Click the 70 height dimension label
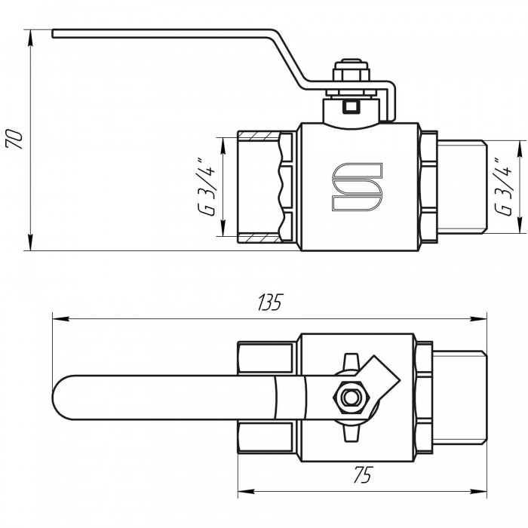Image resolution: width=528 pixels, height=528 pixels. pos(14,138)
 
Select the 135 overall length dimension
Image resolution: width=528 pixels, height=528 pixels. pos(269,302)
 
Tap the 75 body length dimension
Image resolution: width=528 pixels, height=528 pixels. pos(362,474)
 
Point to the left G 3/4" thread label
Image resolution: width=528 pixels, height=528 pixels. pos(206,187)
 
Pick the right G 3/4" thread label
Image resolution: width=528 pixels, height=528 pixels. pos(503,187)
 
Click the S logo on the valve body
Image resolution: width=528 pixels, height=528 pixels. pos(358,187)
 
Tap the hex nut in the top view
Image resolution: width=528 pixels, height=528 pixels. pos(351,398)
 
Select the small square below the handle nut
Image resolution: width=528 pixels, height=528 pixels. pos(351,107)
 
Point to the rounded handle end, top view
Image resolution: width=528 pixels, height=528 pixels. pos(64,398)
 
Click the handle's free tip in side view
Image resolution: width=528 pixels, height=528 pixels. pos(53,34)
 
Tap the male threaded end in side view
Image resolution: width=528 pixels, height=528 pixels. pos(462,187)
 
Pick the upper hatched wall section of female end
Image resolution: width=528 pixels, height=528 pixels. pos(259,136)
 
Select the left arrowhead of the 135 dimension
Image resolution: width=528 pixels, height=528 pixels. pos(60,318)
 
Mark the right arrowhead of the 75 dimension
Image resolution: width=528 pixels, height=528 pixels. pos(478,491)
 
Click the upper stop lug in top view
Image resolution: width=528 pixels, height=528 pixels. pos(351,361)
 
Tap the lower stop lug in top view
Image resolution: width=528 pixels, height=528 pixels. pos(351,433)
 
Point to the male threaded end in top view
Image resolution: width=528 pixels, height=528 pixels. pos(459,398)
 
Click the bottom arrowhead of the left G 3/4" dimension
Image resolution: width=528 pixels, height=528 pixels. pos(223,229)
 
